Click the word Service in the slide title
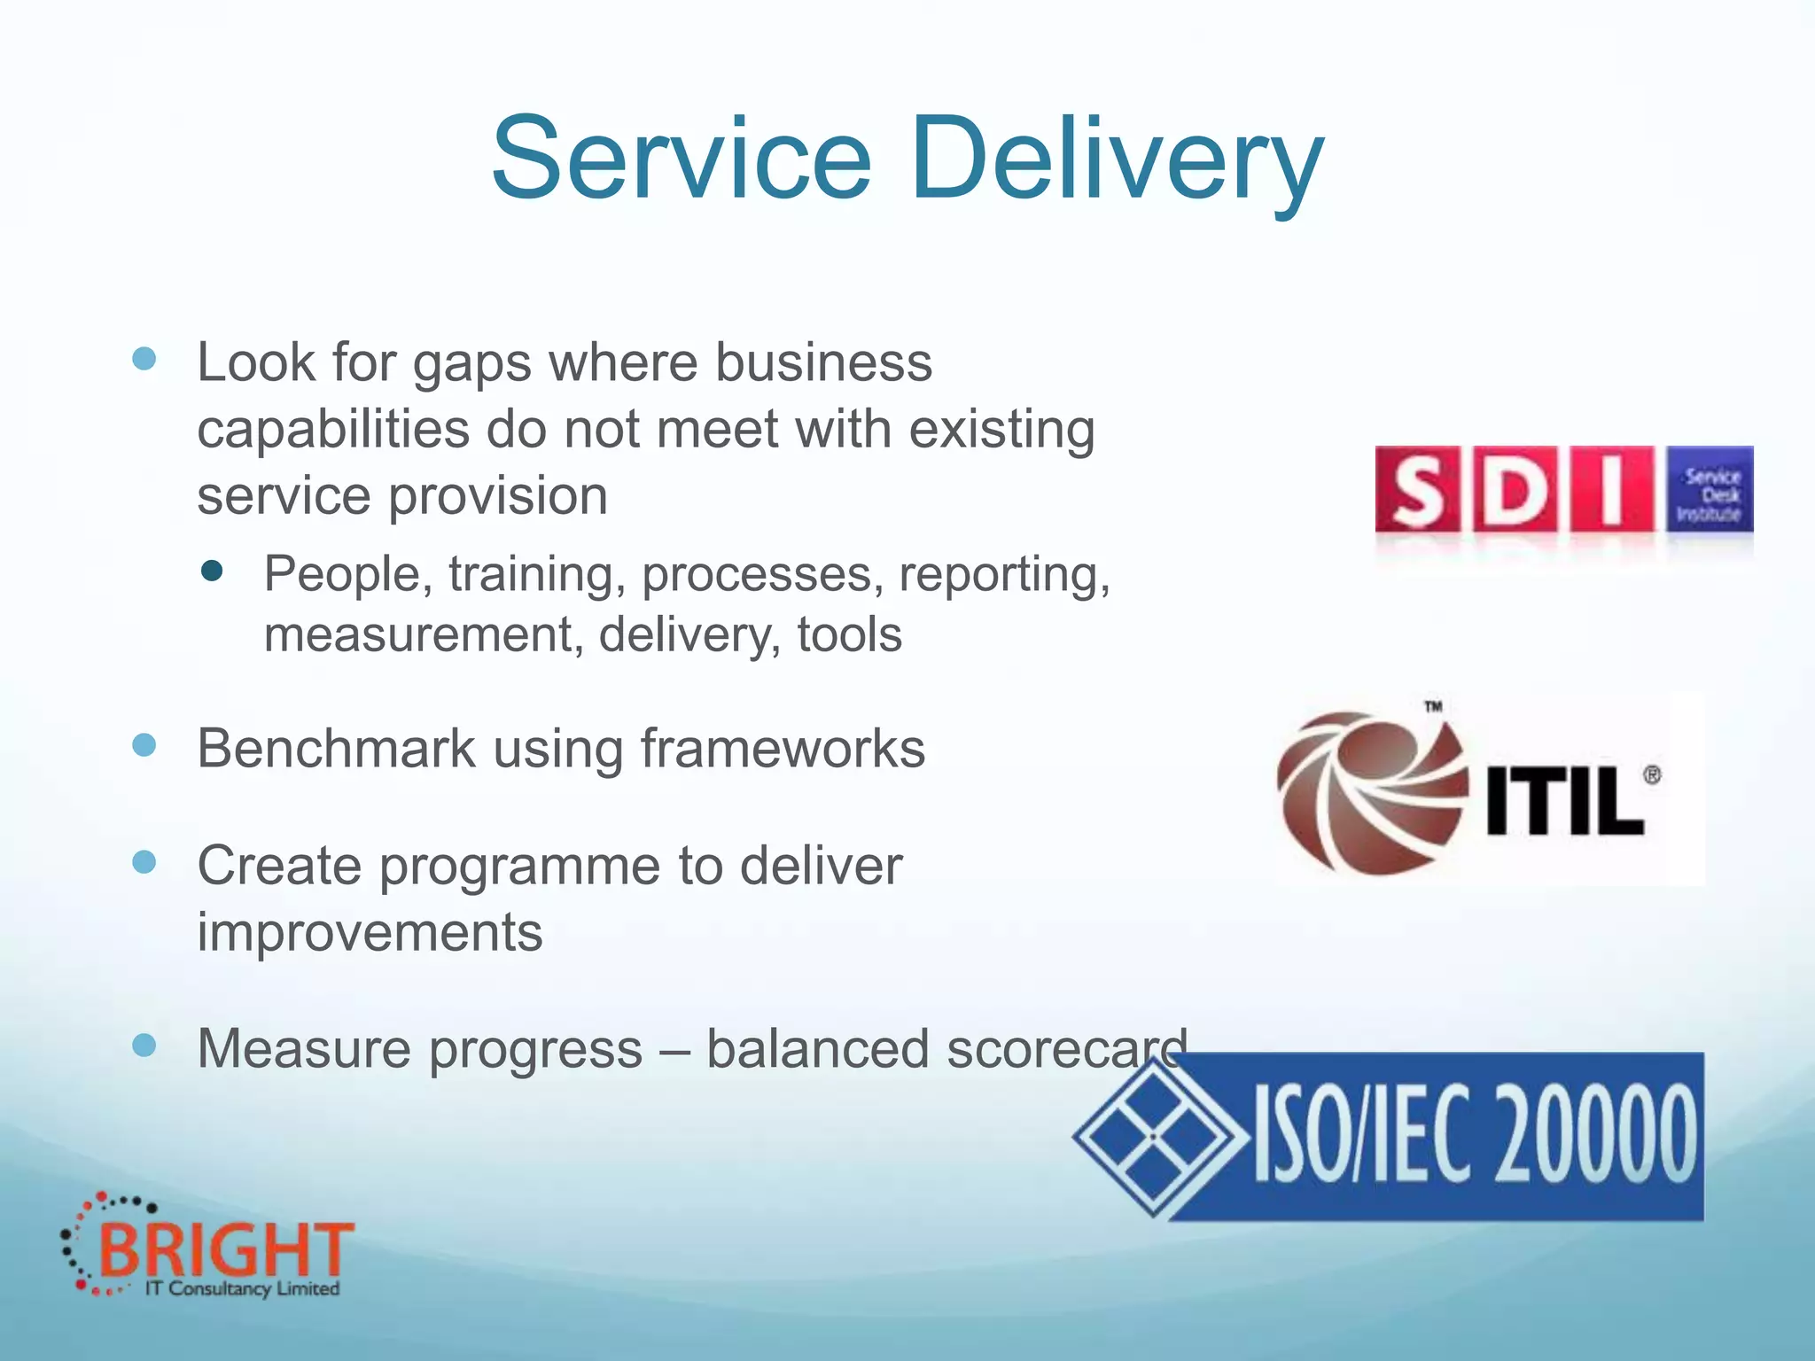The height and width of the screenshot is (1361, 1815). (681, 159)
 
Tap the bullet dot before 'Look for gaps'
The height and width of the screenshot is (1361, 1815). (144, 359)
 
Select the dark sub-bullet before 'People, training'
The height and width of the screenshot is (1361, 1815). (212, 571)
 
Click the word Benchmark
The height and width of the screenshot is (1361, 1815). (337, 749)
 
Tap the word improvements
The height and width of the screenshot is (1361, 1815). (370, 932)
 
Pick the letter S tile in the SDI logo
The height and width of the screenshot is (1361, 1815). (1419, 490)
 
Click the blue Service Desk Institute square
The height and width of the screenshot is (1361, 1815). (1709, 490)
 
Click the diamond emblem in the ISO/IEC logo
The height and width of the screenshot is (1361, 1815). (1154, 1136)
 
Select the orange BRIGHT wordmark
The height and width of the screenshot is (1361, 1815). (226, 1250)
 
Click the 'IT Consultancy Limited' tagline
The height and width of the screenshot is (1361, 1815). (242, 1288)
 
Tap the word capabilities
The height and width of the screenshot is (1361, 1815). (333, 430)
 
